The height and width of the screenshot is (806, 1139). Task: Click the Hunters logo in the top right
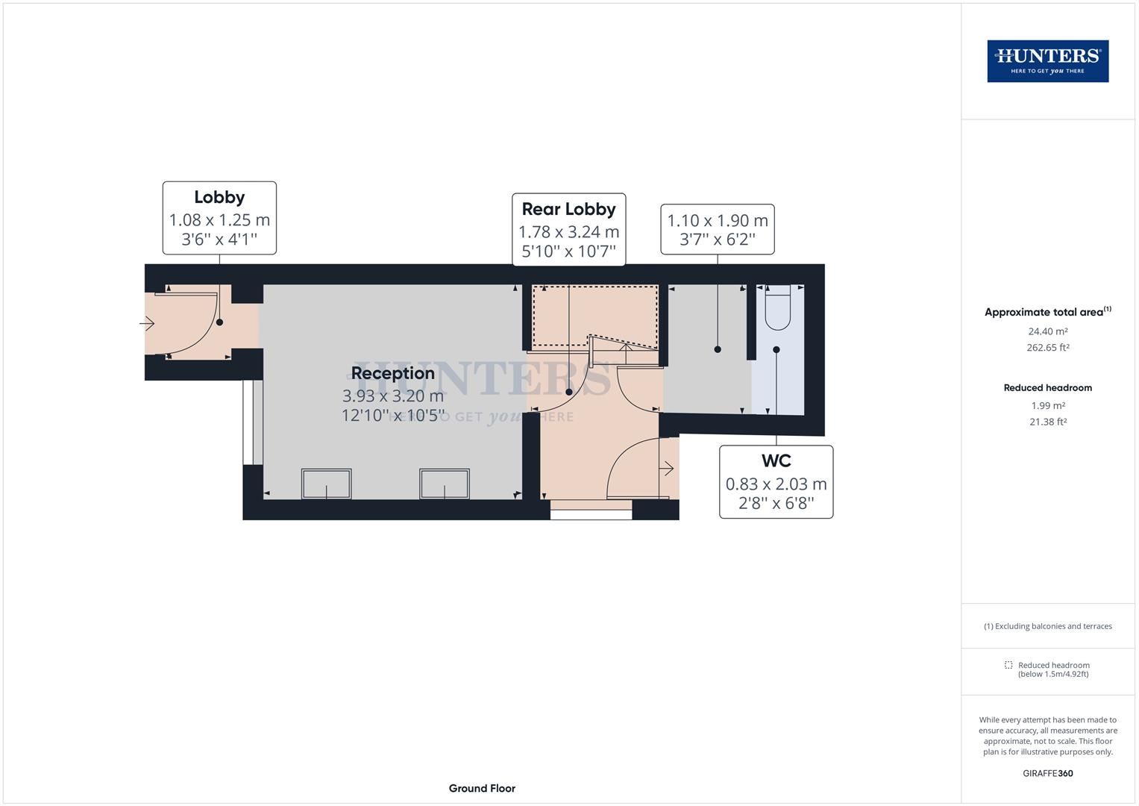[1047, 61]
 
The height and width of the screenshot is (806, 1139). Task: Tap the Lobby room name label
[219, 197]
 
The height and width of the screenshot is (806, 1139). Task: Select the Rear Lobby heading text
[568, 209]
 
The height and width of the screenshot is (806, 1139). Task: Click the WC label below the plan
[776, 460]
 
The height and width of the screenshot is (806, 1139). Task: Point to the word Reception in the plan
[392, 373]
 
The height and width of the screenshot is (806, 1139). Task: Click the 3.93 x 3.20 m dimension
[392, 396]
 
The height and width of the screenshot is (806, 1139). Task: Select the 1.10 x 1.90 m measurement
[717, 221]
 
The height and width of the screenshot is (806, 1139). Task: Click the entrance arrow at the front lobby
[147, 323]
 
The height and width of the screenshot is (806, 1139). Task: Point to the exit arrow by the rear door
[667, 469]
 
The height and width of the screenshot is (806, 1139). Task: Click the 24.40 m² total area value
[1047, 331]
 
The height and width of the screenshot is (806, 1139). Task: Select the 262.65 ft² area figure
[1047, 348]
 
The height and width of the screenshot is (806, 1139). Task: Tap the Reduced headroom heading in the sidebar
[1047, 388]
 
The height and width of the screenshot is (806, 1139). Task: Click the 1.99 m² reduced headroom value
[1047, 406]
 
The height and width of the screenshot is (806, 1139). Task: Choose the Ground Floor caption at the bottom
[482, 788]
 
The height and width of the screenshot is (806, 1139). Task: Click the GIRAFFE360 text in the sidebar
[1047, 773]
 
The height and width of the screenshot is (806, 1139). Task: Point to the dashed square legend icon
[1008, 665]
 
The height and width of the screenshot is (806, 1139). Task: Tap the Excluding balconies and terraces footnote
[1047, 626]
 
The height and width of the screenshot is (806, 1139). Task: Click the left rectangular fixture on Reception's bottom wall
[326, 484]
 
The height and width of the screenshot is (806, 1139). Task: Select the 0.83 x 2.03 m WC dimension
[776, 484]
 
